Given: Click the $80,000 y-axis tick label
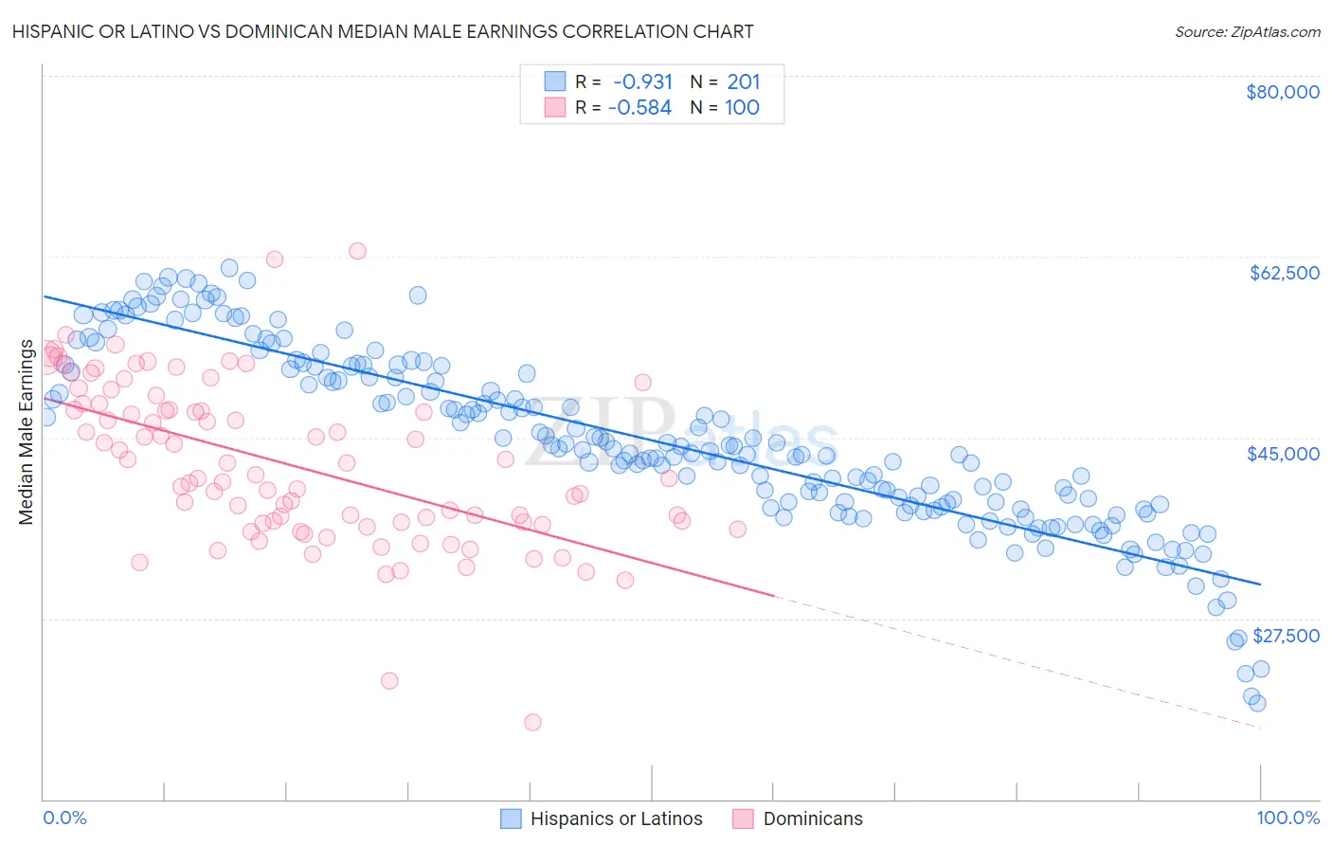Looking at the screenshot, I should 1283,92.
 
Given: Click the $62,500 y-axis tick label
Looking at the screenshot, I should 1284,273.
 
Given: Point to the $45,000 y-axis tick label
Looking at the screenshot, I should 1283,454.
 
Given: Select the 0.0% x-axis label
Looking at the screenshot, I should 64,818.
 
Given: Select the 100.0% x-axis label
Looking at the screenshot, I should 1287,818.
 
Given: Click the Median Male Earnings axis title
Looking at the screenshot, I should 27,432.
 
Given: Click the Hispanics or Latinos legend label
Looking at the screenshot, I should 616,819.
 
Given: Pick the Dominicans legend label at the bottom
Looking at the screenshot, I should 813,819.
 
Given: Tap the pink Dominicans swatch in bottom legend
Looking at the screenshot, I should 743,819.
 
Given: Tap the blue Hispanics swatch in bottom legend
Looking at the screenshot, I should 511,819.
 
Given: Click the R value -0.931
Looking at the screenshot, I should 642,81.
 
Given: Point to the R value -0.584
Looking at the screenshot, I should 640,107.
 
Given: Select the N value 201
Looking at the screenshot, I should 744,81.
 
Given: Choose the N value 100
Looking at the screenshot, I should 742,107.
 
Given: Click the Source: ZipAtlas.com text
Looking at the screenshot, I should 1247,32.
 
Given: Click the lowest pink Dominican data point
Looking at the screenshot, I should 532,723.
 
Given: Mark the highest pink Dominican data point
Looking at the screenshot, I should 357,251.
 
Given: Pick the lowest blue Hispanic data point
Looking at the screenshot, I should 1257,703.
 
